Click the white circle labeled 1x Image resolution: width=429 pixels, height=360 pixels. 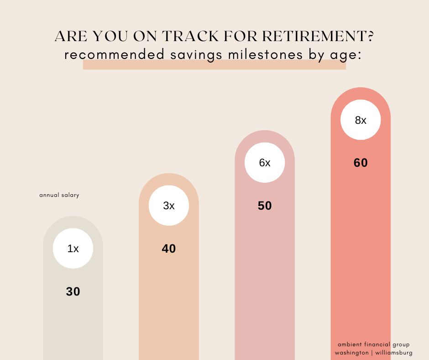[x=73, y=248]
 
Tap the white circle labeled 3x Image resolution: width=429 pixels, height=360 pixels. [x=169, y=206]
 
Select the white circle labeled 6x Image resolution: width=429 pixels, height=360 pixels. [x=265, y=163]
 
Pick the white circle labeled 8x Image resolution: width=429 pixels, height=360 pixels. [x=361, y=120]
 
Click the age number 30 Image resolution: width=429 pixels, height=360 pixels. [x=73, y=291]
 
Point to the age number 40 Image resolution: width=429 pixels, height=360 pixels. [x=169, y=249]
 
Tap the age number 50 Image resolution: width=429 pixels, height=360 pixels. [x=265, y=206]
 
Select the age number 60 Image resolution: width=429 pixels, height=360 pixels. [x=361, y=163]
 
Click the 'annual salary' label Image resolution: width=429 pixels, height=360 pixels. [x=59, y=195]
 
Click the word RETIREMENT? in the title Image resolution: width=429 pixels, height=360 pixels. [x=318, y=36]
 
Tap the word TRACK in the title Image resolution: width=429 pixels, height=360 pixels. [x=190, y=36]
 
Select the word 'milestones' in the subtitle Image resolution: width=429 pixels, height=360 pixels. [x=266, y=54]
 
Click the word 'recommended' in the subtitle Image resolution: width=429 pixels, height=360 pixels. [x=115, y=54]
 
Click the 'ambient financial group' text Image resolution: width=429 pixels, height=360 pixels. [x=374, y=344]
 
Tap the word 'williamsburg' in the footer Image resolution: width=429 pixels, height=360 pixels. [x=394, y=353]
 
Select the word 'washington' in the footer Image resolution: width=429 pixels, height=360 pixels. [x=351, y=353]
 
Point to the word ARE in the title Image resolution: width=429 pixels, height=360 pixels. [x=71, y=36]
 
